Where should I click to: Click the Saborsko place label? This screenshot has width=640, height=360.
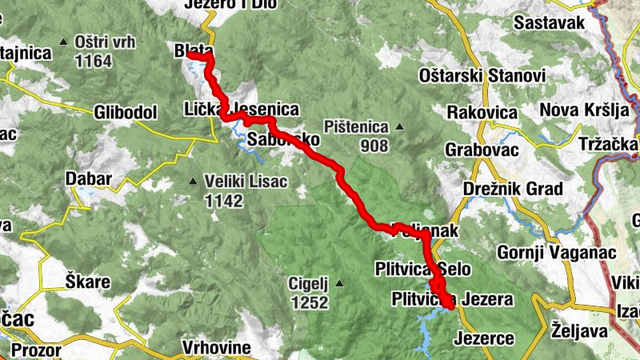click(x=284, y=140)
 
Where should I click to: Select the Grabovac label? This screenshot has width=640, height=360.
click(x=484, y=150)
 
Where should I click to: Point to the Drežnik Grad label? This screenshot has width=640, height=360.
click(x=514, y=189)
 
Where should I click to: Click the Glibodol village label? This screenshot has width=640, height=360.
click(x=125, y=113)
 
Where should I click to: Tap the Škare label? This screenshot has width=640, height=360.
click(x=87, y=282)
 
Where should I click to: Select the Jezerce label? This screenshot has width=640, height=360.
click(x=484, y=338)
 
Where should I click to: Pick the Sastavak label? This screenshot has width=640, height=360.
click(x=550, y=22)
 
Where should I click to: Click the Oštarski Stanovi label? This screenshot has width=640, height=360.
click(x=482, y=76)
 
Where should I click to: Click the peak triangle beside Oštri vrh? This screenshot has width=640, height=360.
click(x=63, y=41)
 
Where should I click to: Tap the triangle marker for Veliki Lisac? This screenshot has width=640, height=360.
click(x=193, y=182)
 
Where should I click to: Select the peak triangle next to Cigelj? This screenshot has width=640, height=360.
click(x=339, y=283)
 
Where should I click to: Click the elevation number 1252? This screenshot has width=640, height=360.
click(x=311, y=302)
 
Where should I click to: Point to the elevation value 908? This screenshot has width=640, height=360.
click(x=374, y=146)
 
